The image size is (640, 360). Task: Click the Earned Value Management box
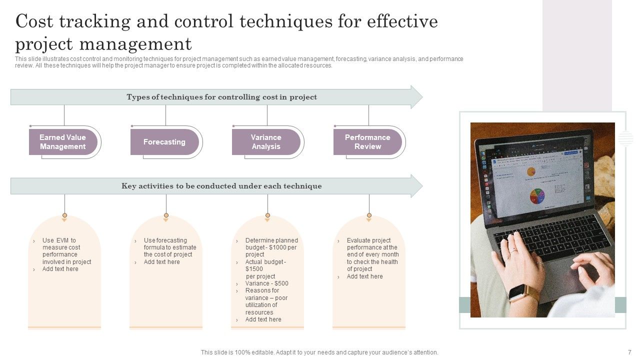point(62,142)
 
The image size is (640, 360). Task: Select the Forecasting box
point(164,142)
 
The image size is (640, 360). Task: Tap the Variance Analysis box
point(265,142)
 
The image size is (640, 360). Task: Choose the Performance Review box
point(367,142)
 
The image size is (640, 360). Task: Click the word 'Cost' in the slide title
point(36,22)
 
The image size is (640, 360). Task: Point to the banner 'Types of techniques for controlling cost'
point(221,97)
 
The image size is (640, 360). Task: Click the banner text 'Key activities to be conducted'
point(221,186)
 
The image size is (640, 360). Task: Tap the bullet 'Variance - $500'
point(266,283)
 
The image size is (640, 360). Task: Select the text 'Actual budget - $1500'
point(265,265)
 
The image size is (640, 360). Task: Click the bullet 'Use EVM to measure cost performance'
point(66,251)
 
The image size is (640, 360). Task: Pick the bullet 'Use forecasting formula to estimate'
point(169,247)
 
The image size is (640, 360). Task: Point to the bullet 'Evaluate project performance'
point(372,254)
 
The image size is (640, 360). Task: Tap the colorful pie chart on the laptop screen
point(537,195)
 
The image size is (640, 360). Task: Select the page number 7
point(629,352)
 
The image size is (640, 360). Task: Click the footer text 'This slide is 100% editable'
point(319,352)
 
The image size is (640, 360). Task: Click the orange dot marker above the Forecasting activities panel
point(166,215)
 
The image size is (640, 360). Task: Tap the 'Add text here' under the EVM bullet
point(60,269)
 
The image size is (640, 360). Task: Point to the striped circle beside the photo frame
point(625,138)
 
